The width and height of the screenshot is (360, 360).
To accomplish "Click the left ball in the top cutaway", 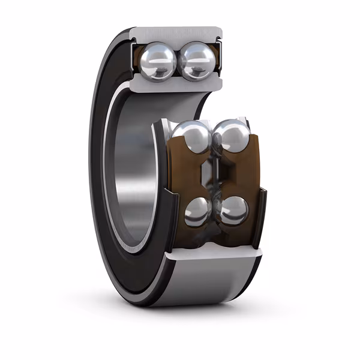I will click(x=158, y=59).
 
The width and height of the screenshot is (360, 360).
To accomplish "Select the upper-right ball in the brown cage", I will click(x=230, y=137).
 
